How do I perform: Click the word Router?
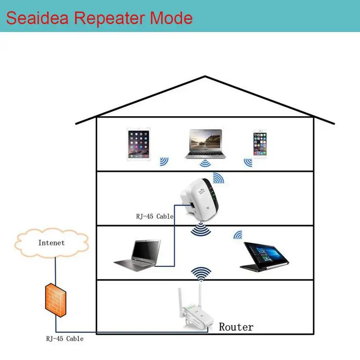point(236,327)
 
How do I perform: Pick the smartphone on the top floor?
point(260,144)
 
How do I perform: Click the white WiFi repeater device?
point(198,198)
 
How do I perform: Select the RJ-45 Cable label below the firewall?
point(64,338)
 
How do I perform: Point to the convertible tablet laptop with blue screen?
point(263,256)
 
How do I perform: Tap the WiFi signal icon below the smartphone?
point(247,161)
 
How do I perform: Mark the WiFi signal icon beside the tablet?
point(164,161)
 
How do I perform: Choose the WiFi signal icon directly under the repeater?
point(200,229)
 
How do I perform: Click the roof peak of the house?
point(205,77)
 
